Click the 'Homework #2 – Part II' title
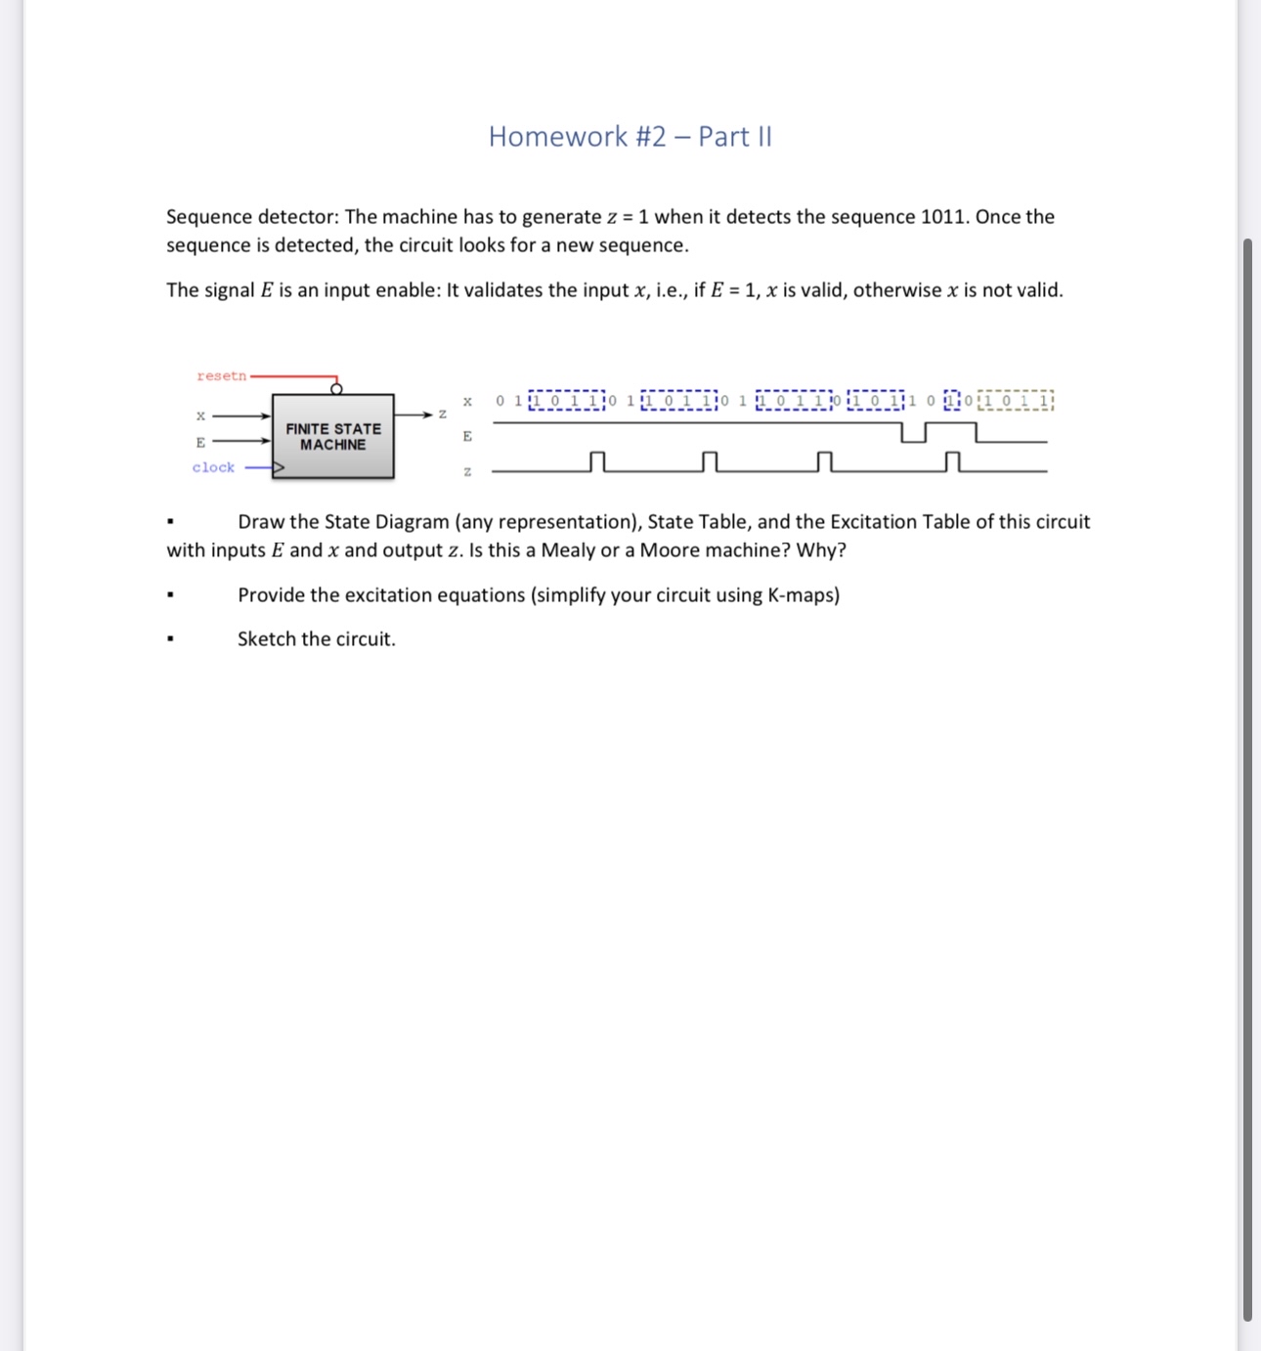coord(630,137)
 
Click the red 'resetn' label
coord(221,376)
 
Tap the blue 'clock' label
coord(213,468)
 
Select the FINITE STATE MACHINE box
coord(333,437)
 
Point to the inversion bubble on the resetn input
coord(336,389)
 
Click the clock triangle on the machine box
coord(278,468)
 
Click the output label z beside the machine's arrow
coord(443,414)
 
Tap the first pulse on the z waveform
coord(597,461)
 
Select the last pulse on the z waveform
coord(953,461)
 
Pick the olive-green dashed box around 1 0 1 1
coord(1016,401)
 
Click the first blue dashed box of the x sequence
coord(566,401)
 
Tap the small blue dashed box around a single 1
coord(952,401)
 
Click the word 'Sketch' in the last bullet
coord(266,639)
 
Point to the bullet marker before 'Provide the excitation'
coord(171,595)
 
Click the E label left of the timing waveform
coord(467,436)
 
